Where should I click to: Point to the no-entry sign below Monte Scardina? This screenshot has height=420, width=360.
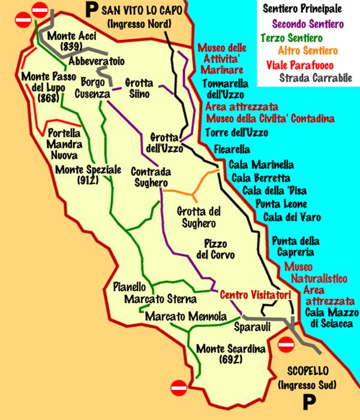point(179,388)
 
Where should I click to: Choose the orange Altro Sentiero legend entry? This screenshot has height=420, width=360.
point(308,51)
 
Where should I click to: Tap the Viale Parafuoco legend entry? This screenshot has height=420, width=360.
point(311,64)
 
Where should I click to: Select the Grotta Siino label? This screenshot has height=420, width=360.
point(139,88)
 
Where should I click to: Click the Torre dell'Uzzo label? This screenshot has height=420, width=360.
point(236,133)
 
